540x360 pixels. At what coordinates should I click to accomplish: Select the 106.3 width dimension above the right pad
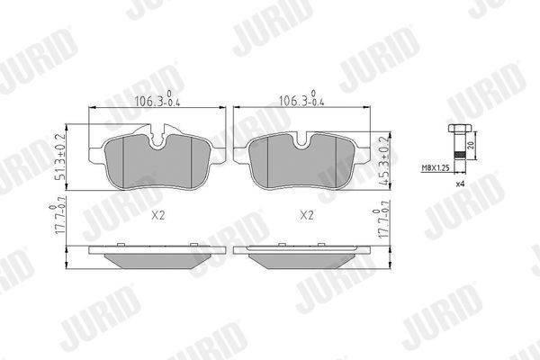click(x=296, y=100)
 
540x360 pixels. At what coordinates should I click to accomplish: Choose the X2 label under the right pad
click(x=305, y=216)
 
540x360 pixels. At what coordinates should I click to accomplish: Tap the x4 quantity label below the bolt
click(x=461, y=184)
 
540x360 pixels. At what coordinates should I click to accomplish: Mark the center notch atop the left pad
click(x=159, y=140)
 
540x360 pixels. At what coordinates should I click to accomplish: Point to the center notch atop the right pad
click(x=303, y=140)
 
